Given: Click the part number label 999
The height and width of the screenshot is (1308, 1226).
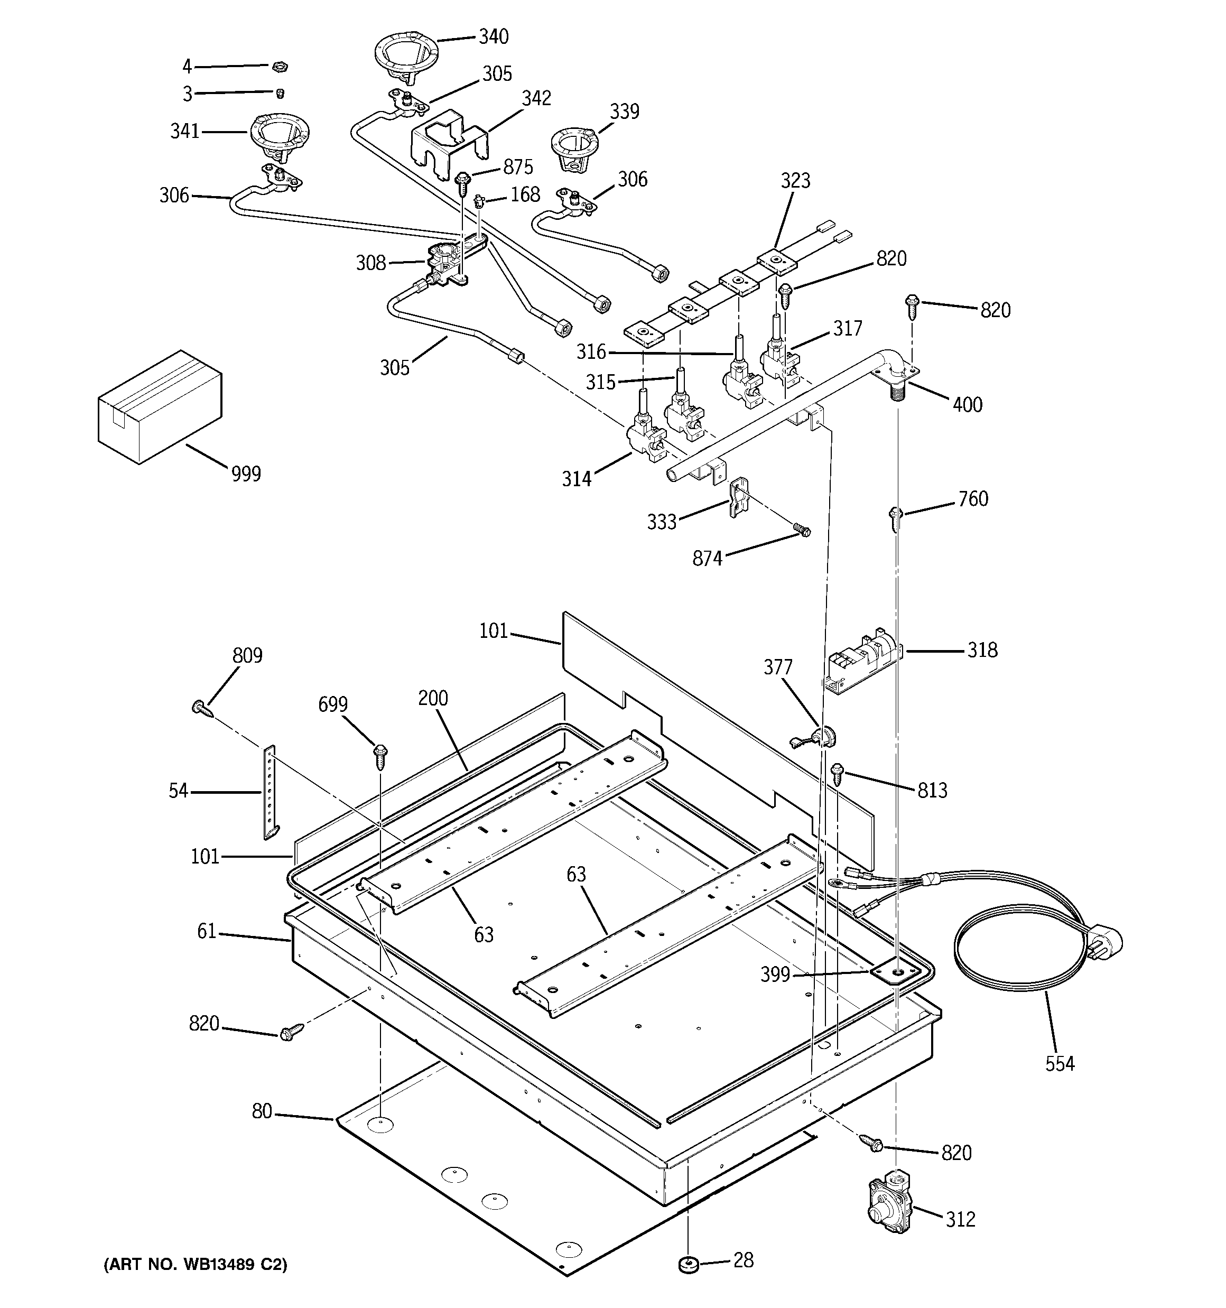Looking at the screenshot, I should click(245, 473).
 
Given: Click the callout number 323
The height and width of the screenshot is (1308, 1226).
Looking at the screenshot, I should click(795, 180).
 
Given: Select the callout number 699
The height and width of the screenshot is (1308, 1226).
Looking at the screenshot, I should click(332, 704).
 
